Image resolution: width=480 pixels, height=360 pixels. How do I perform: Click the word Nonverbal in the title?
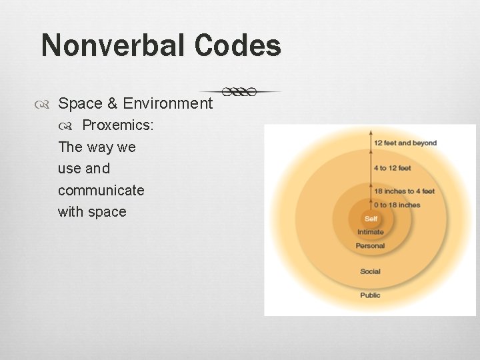(114, 46)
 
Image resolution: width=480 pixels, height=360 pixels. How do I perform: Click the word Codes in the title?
(239, 46)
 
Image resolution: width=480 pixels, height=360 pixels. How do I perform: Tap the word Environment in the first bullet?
(168, 103)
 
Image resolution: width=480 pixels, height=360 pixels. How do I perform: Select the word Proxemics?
(118, 125)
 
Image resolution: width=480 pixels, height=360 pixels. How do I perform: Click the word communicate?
(101, 190)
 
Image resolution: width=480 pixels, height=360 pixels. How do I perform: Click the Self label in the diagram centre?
(371, 219)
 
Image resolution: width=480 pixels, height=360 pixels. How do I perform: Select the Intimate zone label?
(371, 232)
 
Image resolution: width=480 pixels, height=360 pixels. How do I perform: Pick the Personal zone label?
(371, 245)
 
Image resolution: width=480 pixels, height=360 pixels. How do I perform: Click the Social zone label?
(371, 271)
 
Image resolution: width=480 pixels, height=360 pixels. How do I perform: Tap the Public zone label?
(371, 295)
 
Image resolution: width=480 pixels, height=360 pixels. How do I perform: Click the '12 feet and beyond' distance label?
(405, 143)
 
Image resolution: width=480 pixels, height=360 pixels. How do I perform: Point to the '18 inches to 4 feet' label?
(404, 191)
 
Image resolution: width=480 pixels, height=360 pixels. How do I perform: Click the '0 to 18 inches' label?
(397, 205)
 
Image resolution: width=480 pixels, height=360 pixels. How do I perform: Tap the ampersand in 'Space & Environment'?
(112, 103)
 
